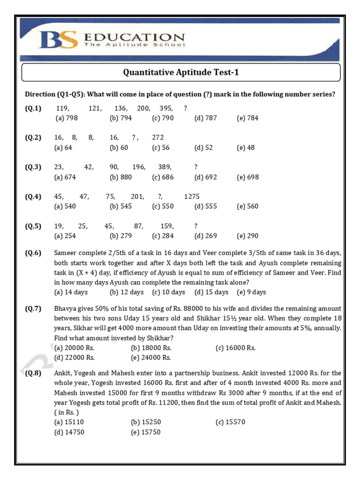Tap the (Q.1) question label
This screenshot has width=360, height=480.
33,108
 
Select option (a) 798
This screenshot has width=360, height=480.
66,118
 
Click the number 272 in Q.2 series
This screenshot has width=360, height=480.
158,138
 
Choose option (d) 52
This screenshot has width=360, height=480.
203,148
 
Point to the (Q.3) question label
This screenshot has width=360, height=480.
33,167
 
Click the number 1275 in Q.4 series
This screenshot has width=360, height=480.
192,196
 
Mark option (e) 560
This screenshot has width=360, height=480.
247,206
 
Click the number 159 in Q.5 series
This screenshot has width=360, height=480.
167,226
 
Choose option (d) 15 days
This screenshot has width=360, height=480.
211,292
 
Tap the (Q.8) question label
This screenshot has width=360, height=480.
33,373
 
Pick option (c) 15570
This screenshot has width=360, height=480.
230,422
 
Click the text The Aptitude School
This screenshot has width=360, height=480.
135,45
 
